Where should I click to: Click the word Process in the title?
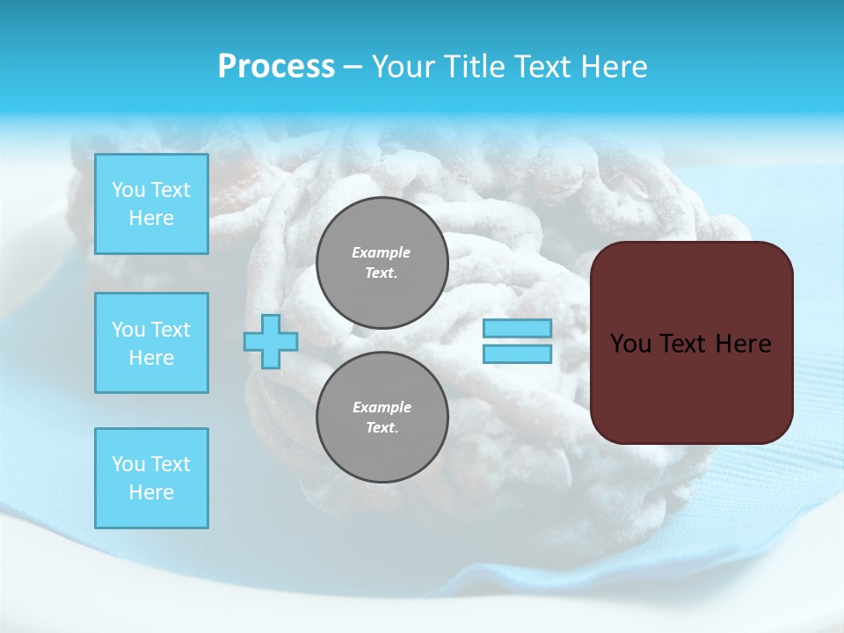point(276,67)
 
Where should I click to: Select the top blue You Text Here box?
point(151,204)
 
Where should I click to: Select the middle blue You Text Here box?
point(151,343)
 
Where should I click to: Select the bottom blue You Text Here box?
point(151,478)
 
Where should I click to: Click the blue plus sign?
point(271,341)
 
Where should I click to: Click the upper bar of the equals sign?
point(517,328)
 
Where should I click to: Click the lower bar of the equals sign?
point(517,353)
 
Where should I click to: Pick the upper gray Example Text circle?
point(382,262)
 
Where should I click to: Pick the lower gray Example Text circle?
point(382,417)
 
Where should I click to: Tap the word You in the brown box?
point(630,344)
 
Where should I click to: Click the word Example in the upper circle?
point(382,252)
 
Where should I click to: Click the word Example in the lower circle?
point(382,407)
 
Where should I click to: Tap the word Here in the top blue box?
point(151,218)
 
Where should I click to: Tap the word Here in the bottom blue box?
point(151,492)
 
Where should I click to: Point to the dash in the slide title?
point(353,67)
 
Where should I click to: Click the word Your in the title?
point(403,67)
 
